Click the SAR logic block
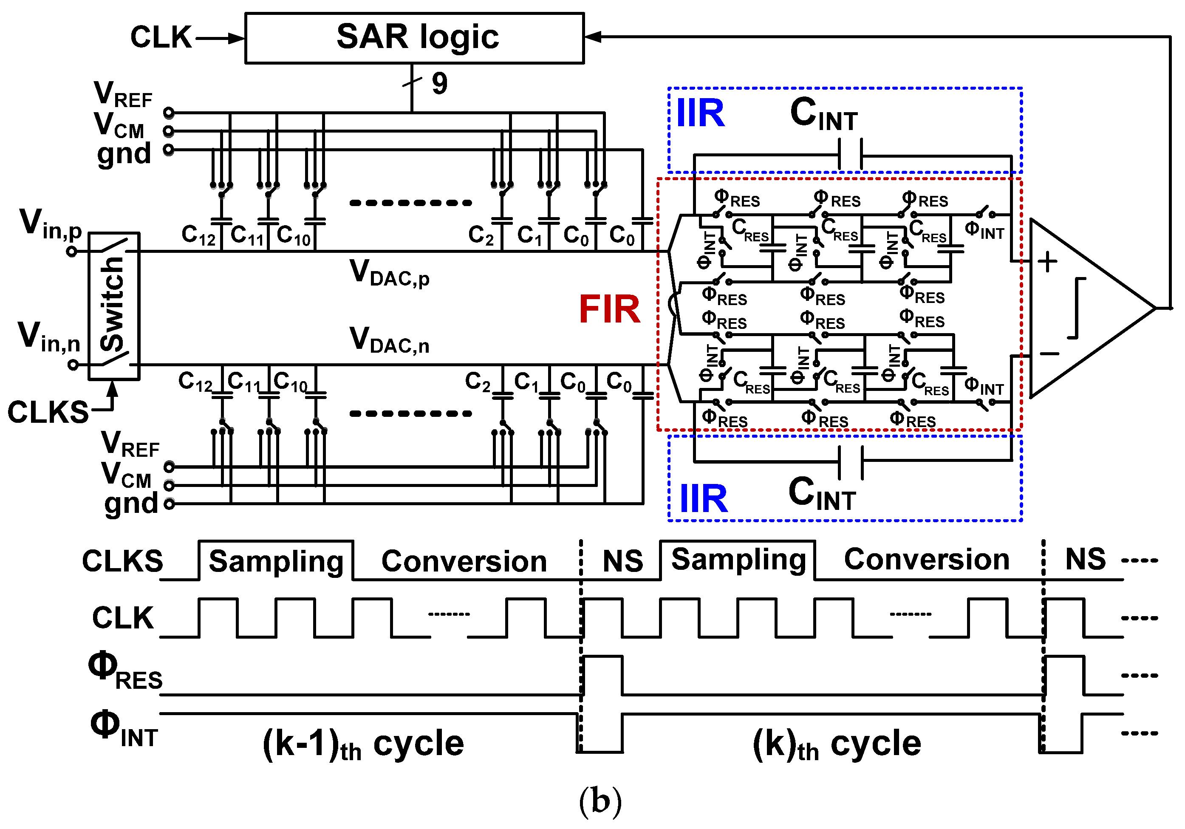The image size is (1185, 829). [414, 38]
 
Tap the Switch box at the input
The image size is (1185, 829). [113, 306]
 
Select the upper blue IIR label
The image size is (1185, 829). [700, 113]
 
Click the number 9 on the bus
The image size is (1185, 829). [439, 83]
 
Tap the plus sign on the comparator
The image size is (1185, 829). [1047, 262]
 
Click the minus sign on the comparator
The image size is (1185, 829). [1049, 354]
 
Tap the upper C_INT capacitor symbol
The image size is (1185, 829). [851, 154]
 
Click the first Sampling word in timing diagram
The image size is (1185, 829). [276, 561]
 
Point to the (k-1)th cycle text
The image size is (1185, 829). [363, 744]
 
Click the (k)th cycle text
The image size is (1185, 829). [836, 744]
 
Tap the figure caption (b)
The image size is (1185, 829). [600, 801]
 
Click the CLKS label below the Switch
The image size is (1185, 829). [48, 412]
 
